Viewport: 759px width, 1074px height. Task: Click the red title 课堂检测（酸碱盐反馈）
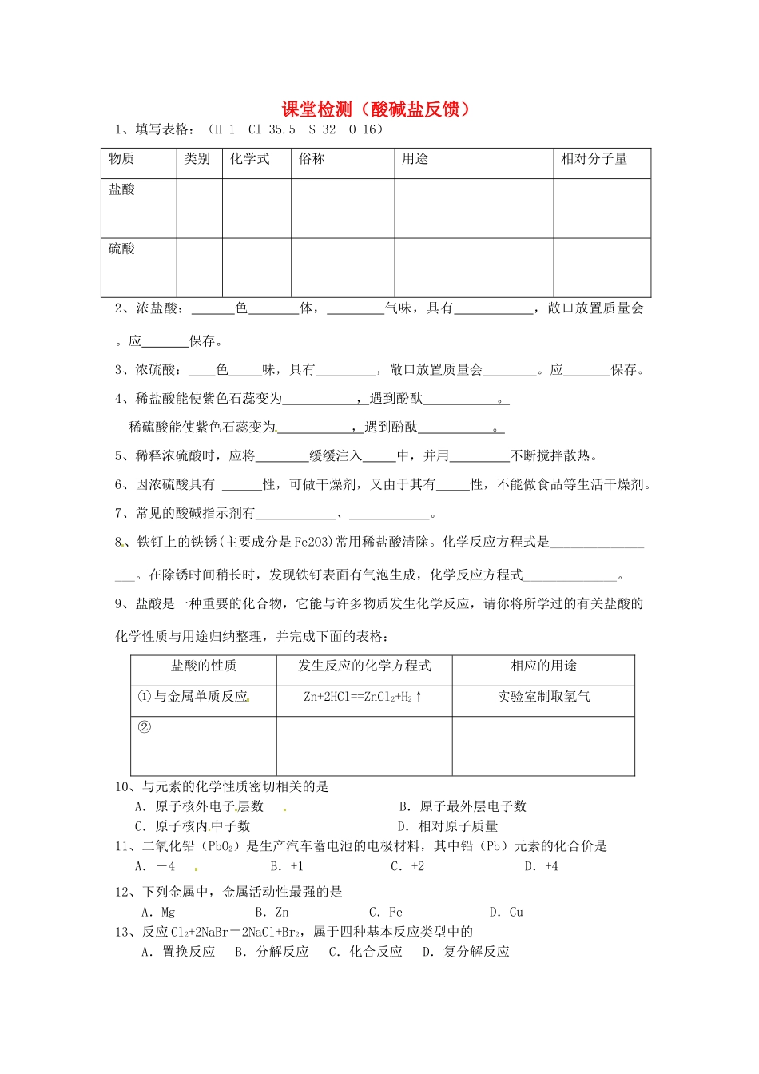(x=376, y=109)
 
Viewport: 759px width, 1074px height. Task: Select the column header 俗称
(x=312, y=159)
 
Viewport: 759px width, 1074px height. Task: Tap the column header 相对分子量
(x=594, y=159)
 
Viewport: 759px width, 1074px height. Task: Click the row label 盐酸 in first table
(x=122, y=189)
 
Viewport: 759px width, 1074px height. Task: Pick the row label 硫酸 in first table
(x=122, y=249)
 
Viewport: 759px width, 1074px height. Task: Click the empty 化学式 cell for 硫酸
(x=256, y=268)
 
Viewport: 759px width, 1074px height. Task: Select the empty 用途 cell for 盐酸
(x=474, y=208)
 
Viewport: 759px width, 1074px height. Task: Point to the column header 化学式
(x=250, y=159)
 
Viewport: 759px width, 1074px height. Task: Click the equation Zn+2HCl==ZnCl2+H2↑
(x=364, y=697)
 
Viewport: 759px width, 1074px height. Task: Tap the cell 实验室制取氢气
(x=543, y=697)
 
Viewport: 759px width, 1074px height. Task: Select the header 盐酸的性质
(x=204, y=666)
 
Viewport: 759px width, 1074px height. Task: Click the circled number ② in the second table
(x=145, y=727)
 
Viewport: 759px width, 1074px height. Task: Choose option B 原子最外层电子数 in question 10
(x=463, y=806)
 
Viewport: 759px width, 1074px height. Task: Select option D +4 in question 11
(x=542, y=866)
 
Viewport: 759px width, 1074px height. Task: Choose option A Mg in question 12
(x=158, y=912)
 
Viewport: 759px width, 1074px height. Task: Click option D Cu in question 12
(x=507, y=912)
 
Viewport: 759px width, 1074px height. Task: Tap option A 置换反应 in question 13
(x=179, y=952)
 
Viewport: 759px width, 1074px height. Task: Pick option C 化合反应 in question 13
(x=366, y=952)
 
